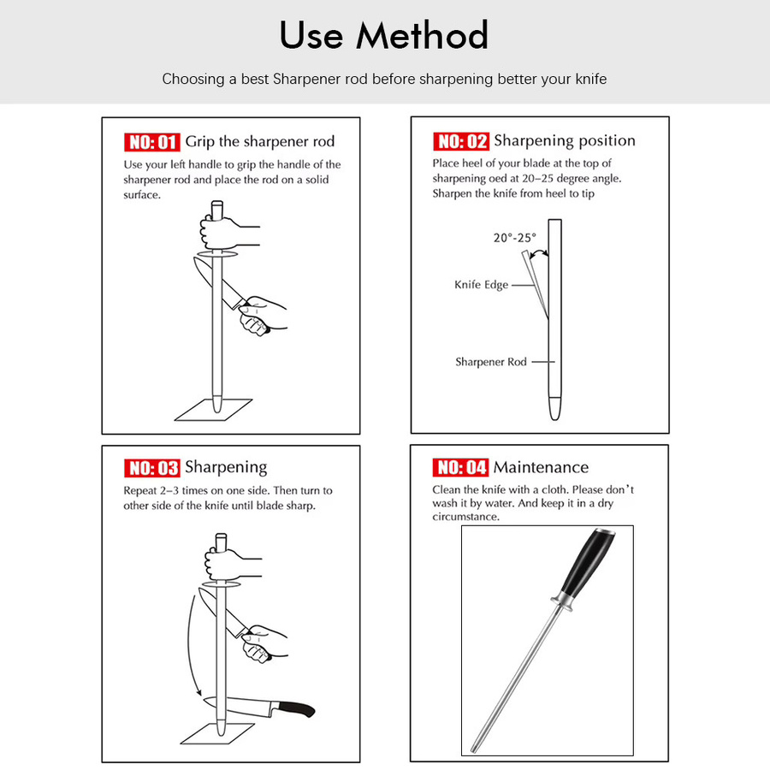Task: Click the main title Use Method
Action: pyautogui.click(x=384, y=35)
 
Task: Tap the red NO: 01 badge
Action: pyautogui.click(x=152, y=142)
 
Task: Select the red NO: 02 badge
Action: pyautogui.click(x=461, y=141)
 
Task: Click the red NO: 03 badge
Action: pyautogui.click(x=152, y=468)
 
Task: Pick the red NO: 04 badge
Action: pyautogui.click(x=460, y=467)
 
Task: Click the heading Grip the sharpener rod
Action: pyautogui.click(x=260, y=141)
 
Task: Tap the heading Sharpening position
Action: pyautogui.click(x=565, y=140)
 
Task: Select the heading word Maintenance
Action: pyautogui.click(x=542, y=467)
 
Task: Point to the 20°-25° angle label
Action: pyautogui.click(x=515, y=238)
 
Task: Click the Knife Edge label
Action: pyautogui.click(x=481, y=285)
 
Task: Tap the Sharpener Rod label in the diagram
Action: pyautogui.click(x=491, y=362)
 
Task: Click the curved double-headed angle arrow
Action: pyautogui.click(x=539, y=252)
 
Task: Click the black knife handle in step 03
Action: pyautogui.click(x=297, y=708)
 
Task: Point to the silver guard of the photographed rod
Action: pyautogui.click(x=562, y=602)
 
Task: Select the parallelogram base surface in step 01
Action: pyautogui.click(x=214, y=410)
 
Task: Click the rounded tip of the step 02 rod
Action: pyautogui.click(x=555, y=409)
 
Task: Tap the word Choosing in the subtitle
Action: pyautogui.click(x=193, y=79)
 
